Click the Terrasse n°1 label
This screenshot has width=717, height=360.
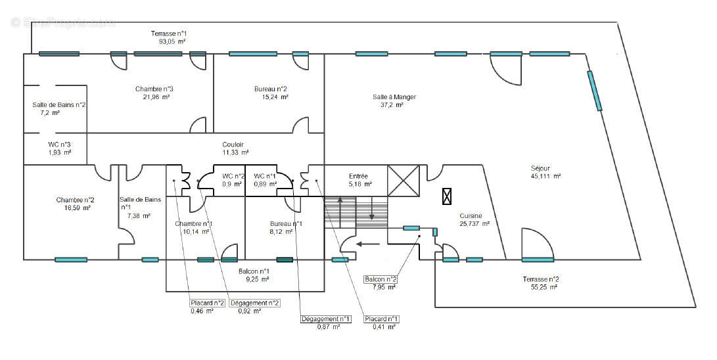pyautogui.click(x=172, y=32)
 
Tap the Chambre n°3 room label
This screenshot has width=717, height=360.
pyautogui.click(x=154, y=89)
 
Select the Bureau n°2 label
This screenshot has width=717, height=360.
pyautogui.click(x=271, y=89)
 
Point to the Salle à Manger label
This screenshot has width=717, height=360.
pyautogui.click(x=394, y=97)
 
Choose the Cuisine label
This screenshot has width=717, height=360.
pyautogui.click(x=471, y=215)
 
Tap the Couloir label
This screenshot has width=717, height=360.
pyautogui.click(x=233, y=144)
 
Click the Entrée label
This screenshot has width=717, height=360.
pyautogui.click(x=358, y=176)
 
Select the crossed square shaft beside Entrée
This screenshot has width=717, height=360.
pyautogui.click(x=403, y=180)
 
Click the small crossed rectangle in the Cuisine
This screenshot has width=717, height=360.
pyautogui.click(x=448, y=196)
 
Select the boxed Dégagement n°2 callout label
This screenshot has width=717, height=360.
pyautogui.click(x=254, y=303)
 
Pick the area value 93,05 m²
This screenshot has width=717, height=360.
pyautogui.click(x=172, y=41)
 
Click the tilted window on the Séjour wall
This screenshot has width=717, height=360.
pyautogui.click(x=594, y=91)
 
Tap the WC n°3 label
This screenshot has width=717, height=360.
pyautogui.click(x=60, y=144)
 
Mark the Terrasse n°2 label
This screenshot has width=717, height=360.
pyautogui.click(x=541, y=279)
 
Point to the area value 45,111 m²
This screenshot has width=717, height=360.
pyautogui.click(x=545, y=176)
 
